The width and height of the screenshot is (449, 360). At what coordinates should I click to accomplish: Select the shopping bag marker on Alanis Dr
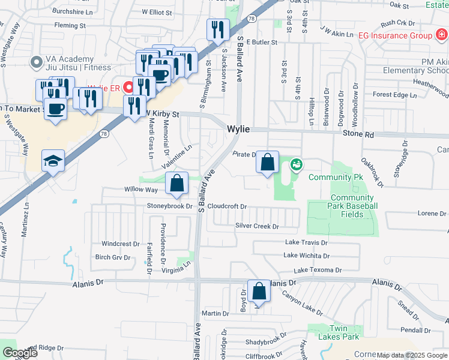(259, 292)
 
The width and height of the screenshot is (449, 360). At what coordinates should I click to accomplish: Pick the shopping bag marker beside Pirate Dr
(268, 162)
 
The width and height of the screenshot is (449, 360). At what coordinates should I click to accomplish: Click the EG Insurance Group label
(395, 35)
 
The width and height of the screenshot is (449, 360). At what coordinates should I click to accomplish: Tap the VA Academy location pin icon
(36, 62)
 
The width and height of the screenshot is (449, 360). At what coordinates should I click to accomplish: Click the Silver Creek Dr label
(258, 226)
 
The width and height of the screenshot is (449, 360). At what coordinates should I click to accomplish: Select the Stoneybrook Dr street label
(170, 206)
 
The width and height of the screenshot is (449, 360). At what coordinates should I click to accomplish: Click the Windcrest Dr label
(120, 244)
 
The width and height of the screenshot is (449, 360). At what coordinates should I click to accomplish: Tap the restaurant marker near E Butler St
(217, 29)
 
